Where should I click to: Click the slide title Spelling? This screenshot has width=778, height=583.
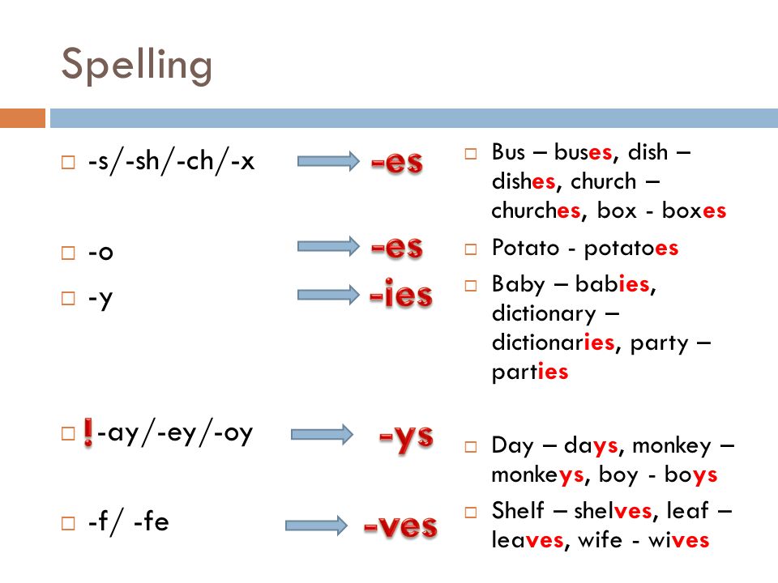point(137,66)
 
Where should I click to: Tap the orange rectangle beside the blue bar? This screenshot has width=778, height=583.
point(23,118)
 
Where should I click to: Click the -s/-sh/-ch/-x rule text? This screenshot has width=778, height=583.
point(171,162)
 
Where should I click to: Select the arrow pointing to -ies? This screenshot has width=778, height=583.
point(328,295)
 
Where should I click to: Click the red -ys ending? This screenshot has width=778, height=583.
point(406,439)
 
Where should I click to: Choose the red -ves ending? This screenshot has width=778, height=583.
point(400,526)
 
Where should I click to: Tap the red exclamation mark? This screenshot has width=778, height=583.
point(88,432)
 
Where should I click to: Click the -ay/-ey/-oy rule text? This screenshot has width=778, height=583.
point(175,434)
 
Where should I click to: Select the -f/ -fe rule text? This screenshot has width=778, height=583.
point(129,521)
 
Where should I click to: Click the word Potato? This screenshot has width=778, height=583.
point(525,248)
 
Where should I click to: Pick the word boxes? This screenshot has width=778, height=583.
point(695,211)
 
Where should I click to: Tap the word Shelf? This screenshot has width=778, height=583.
point(518,510)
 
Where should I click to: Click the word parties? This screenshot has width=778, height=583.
point(530,372)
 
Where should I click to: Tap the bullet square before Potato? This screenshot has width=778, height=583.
point(470,249)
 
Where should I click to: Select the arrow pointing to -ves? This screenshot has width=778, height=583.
point(317,526)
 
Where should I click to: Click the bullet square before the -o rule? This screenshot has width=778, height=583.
point(68,253)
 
